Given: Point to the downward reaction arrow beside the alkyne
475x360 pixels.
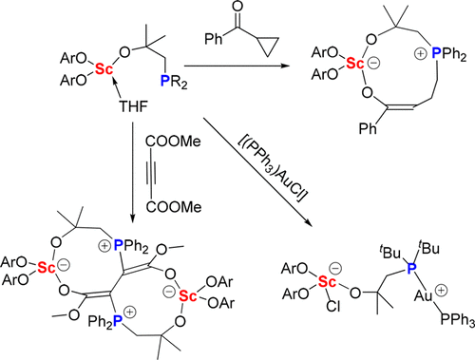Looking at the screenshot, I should click(x=132, y=180).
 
